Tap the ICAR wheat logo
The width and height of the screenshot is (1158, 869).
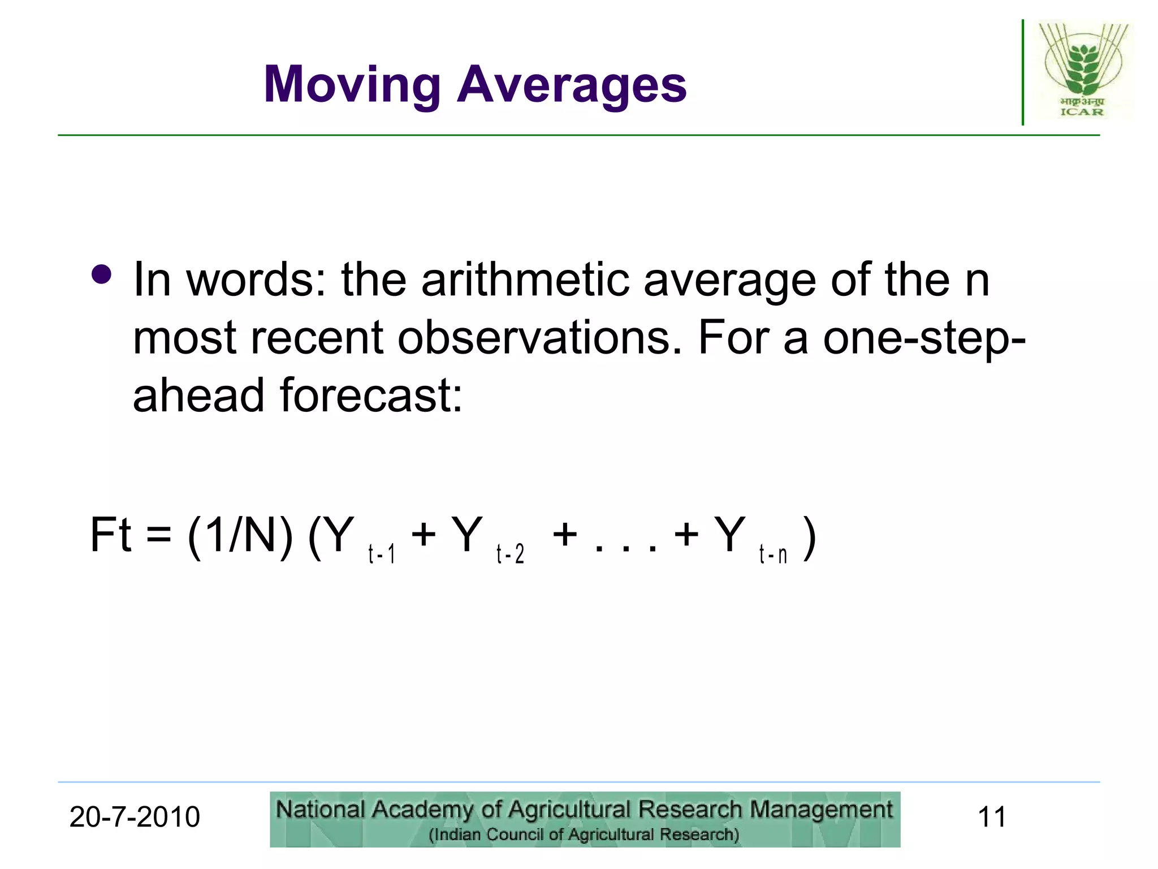pos(1082,70)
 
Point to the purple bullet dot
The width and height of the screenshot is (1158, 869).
pos(102,275)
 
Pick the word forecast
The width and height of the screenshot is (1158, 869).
pos(371,395)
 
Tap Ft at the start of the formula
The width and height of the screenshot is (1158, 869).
pos(111,535)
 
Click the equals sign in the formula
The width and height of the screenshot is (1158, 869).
pos(159,535)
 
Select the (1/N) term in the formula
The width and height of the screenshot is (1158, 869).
pos(240,535)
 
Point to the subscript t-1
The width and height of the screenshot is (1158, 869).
pos(382,554)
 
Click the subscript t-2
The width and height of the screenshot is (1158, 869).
pos(510,554)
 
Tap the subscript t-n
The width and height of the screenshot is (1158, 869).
pos(773,554)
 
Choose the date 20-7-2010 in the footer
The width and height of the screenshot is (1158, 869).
pos(135,818)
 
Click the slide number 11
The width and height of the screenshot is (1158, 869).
pos(992,818)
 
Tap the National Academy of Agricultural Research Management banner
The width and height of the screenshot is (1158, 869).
pos(585,819)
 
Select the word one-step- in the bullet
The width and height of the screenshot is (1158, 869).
pos(924,338)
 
